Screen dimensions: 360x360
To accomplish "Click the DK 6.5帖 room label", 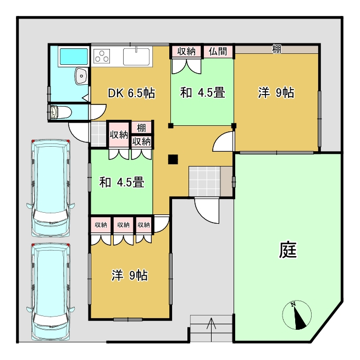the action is [x=131, y=93].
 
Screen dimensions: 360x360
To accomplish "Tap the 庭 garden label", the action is [x=288, y=250].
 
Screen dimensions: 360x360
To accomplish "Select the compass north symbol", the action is [x=297, y=315].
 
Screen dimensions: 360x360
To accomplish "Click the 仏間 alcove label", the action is [x=218, y=51].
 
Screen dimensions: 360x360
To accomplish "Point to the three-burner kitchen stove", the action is [x=102, y=56].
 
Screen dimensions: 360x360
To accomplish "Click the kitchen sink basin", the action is [x=136, y=57].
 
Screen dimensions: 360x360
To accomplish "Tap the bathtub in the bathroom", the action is [x=74, y=57].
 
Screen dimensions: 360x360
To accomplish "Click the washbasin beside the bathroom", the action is [x=81, y=76].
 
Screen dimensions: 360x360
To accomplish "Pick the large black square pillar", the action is [x=173, y=159].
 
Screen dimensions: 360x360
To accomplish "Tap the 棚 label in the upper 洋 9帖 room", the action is [x=276, y=49].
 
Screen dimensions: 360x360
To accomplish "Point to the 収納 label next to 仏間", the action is [x=186, y=51].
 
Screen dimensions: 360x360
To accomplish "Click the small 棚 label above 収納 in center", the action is [x=141, y=128].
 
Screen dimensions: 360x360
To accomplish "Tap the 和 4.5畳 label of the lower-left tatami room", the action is [x=121, y=182].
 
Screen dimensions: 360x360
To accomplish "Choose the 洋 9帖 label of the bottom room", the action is [x=130, y=275].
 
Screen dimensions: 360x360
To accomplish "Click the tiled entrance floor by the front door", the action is [x=204, y=181].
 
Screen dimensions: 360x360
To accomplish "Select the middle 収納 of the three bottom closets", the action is [x=123, y=225].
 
